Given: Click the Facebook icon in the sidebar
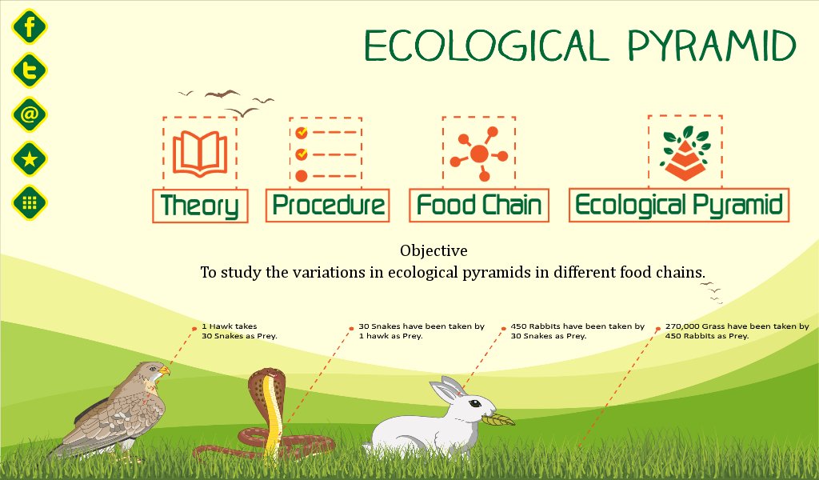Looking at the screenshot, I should point(30,29).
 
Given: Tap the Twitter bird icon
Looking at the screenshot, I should point(30,71).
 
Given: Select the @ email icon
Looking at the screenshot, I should point(30,114).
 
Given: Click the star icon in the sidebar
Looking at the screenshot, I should point(30,158).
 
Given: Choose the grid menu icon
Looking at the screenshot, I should point(30,202).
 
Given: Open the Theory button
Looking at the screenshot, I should point(200,206).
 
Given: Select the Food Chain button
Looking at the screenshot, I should point(478,206).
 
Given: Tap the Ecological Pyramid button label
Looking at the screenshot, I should point(678,206).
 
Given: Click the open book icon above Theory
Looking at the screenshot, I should point(201,152).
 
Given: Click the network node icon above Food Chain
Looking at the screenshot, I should point(478,153).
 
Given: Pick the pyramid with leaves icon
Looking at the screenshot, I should point(685,152).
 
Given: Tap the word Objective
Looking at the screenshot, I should point(433,250).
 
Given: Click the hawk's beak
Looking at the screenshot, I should point(165,372).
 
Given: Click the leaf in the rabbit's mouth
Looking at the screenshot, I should point(498,418).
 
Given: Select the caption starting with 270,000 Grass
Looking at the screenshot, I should point(737,331).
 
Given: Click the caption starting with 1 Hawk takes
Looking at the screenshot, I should point(239,331).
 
